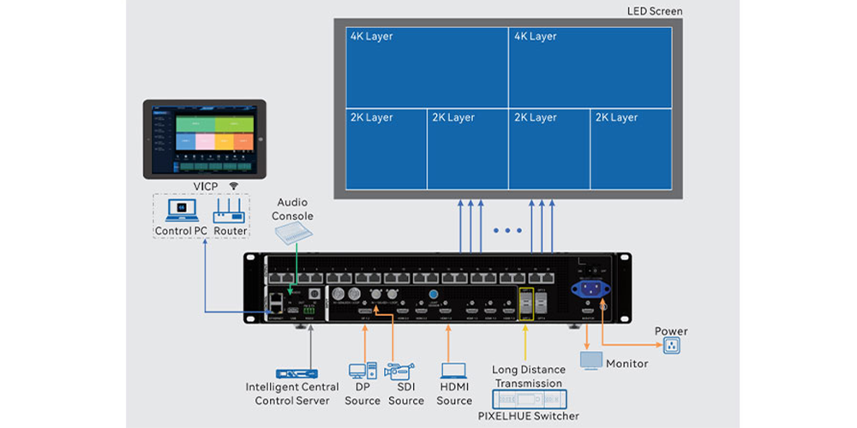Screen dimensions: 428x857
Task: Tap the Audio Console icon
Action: coord(293,234)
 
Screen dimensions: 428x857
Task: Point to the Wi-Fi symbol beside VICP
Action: coord(232,184)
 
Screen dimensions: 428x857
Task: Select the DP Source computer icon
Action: coord(359,372)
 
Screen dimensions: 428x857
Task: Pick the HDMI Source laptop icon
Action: coord(453,372)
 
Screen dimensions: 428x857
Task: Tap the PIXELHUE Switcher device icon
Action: coord(529,400)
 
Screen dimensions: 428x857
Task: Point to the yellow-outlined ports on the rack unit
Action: coord(525,303)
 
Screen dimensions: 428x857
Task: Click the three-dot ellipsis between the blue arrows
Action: coord(507,231)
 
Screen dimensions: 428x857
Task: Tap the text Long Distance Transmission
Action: coord(528,377)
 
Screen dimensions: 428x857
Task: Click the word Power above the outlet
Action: coord(670,330)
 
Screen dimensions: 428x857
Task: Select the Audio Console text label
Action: coord(293,210)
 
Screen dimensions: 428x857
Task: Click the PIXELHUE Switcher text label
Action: coord(528,416)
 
